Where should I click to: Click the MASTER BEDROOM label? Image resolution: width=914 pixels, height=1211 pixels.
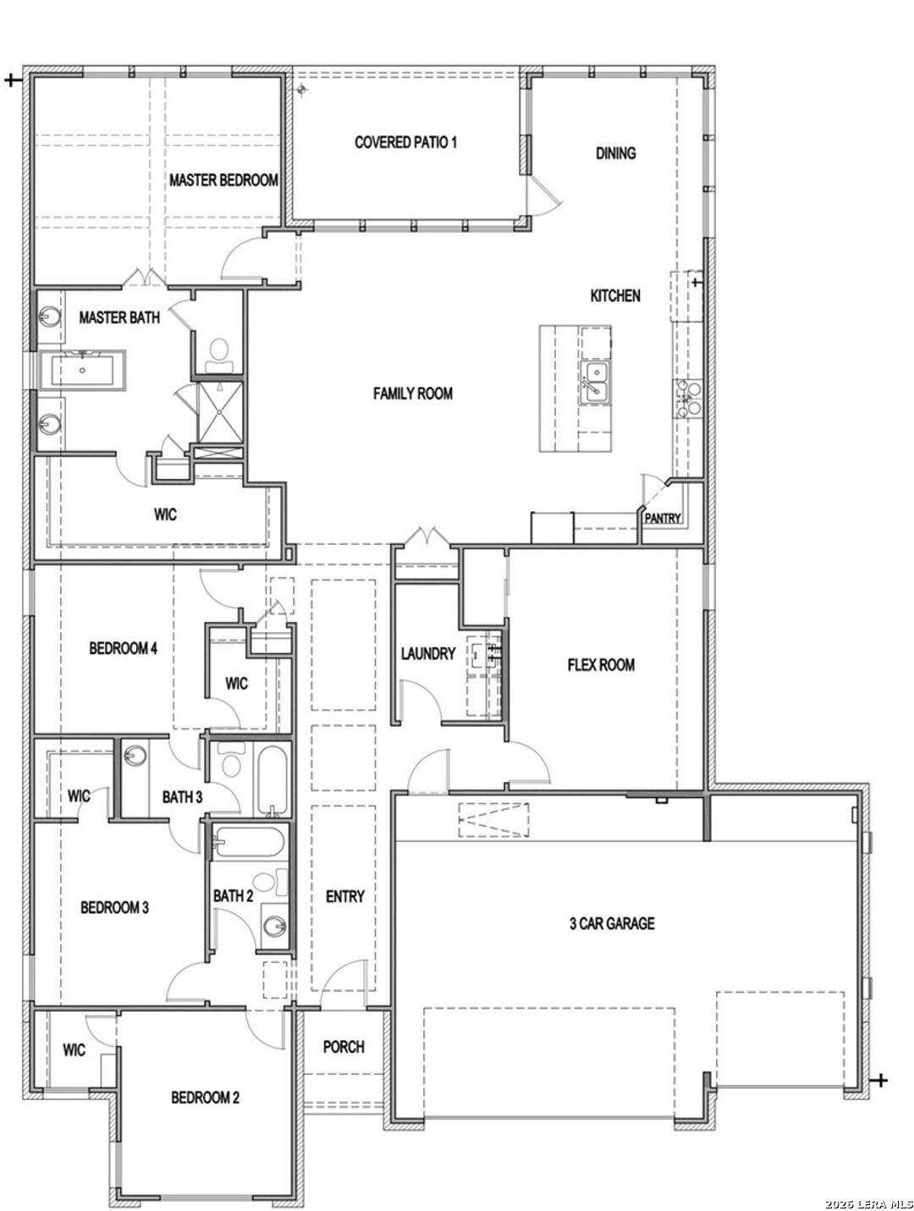[x=223, y=180]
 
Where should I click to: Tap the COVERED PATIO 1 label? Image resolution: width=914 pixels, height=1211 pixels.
[x=405, y=142]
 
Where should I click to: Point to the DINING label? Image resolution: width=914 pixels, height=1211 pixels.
[x=615, y=153]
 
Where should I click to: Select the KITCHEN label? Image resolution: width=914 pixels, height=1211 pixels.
[x=615, y=295]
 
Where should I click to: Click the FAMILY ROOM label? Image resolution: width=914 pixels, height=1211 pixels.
[x=413, y=394]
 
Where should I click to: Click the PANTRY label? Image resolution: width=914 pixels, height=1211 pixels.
[x=663, y=518]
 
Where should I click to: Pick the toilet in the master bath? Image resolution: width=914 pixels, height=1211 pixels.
[x=219, y=355]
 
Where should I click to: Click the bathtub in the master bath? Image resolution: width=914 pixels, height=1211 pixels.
[x=82, y=370]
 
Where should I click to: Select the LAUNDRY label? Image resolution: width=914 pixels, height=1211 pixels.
[x=428, y=654]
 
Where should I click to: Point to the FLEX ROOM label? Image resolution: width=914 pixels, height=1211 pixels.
[x=601, y=665]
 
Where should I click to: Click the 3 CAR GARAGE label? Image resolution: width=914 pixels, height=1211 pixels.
[x=612, y=923]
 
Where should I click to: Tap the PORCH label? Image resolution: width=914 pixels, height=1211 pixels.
[x=344, y=1047]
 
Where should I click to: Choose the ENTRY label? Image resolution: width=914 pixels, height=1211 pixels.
[x=345, y=896]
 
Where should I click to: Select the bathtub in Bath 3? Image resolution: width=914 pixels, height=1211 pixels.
[x=272, y=779]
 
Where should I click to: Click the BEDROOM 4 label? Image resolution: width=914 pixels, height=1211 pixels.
[x=123, y=648]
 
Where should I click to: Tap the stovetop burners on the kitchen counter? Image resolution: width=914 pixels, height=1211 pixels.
[x=686, y=398]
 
